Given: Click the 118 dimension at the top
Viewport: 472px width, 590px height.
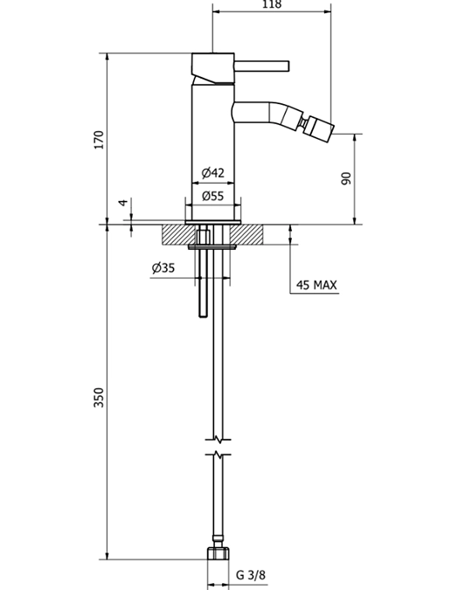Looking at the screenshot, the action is (271, 4).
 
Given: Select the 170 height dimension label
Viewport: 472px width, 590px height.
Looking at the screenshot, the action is (99, 140).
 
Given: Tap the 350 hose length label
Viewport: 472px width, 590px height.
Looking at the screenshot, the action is (99, 397).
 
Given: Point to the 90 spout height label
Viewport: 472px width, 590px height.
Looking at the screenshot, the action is (345, 178).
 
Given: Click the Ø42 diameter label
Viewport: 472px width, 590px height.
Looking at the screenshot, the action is (212, 173).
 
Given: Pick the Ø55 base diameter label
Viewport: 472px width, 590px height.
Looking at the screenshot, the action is (212, 196).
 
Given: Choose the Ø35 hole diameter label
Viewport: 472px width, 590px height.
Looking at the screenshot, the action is (163, 268).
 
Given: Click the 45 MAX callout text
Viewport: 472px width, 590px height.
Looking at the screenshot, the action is (316, 285).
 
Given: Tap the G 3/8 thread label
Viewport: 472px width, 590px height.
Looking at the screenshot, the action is (251, 575).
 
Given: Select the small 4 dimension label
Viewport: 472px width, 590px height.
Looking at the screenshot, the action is (122, 203).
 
